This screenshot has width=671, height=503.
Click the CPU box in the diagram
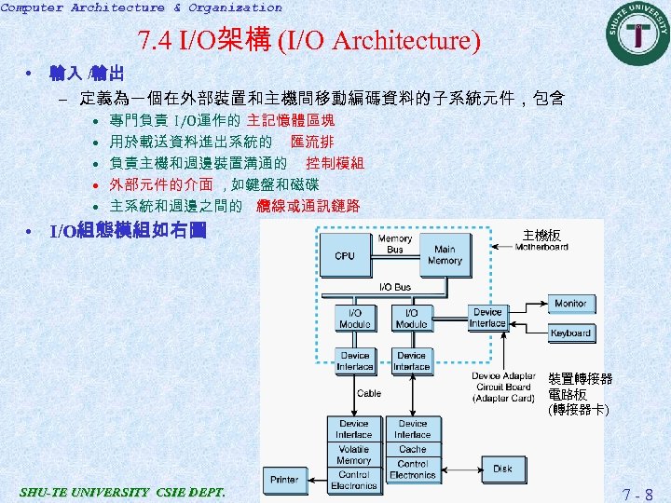pyautogui.click(x=345, y=255)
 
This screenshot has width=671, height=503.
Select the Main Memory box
pyautogui.click(x=445, y=255)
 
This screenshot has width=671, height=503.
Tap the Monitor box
pyautogui.click(x=570, y=304)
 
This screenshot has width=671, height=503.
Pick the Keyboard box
pyautogui.click(x=570, y=333)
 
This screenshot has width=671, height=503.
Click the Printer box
pyautogui.click(x=284, y=480)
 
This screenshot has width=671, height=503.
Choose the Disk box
pyautogui.click(x=502, y=469)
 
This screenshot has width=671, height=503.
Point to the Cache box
pyautogui.click(x=412, y=449)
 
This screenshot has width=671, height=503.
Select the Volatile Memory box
pyautogui.click(x=354, y=455)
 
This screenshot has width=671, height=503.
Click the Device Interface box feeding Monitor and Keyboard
pyautogui.click(x=487, y=318)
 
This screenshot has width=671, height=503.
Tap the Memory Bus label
pyautogui.click(x=395, y=244)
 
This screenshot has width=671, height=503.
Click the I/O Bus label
pyautogui.click(x=395, y=287)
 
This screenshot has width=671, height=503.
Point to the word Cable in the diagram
pyautogui.click(x=369, y=393)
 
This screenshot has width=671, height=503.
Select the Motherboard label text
pyautogui.click(x=541, y=247)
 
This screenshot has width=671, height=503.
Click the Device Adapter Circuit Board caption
pyautogui.click(x=503, y=387)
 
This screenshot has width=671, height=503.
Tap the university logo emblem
pyautogui.click(x=638, y=33)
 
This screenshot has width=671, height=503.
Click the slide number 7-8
pyautogui.click(x=637, y=494)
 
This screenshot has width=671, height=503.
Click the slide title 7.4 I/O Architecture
pyautogui.click(x=308, y=41)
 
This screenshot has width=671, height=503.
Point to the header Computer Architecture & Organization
pyautogui.click(x=141, y=7)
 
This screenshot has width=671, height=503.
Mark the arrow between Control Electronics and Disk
pyautogui.click(x=458, y=469)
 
